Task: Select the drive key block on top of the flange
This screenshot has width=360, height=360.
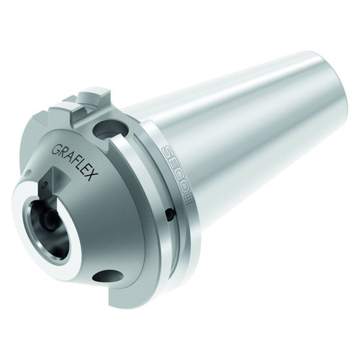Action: pyautogui.click(x=79, y=108)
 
